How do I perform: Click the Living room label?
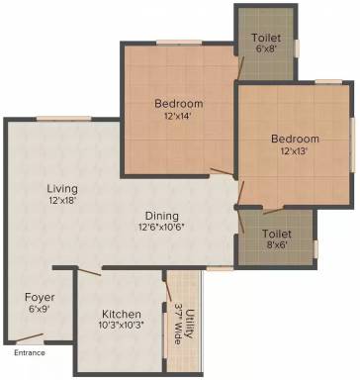point(61,188)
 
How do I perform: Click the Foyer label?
point(41,297)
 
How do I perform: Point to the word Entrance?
point(30,352)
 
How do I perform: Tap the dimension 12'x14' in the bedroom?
point(178,116)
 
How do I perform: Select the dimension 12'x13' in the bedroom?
point(296,151)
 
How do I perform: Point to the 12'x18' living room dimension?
point(61,201)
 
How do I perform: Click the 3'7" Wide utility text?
point(177,320)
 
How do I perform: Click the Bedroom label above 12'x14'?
point(178,103)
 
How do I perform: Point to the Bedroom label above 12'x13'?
point(296,139)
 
